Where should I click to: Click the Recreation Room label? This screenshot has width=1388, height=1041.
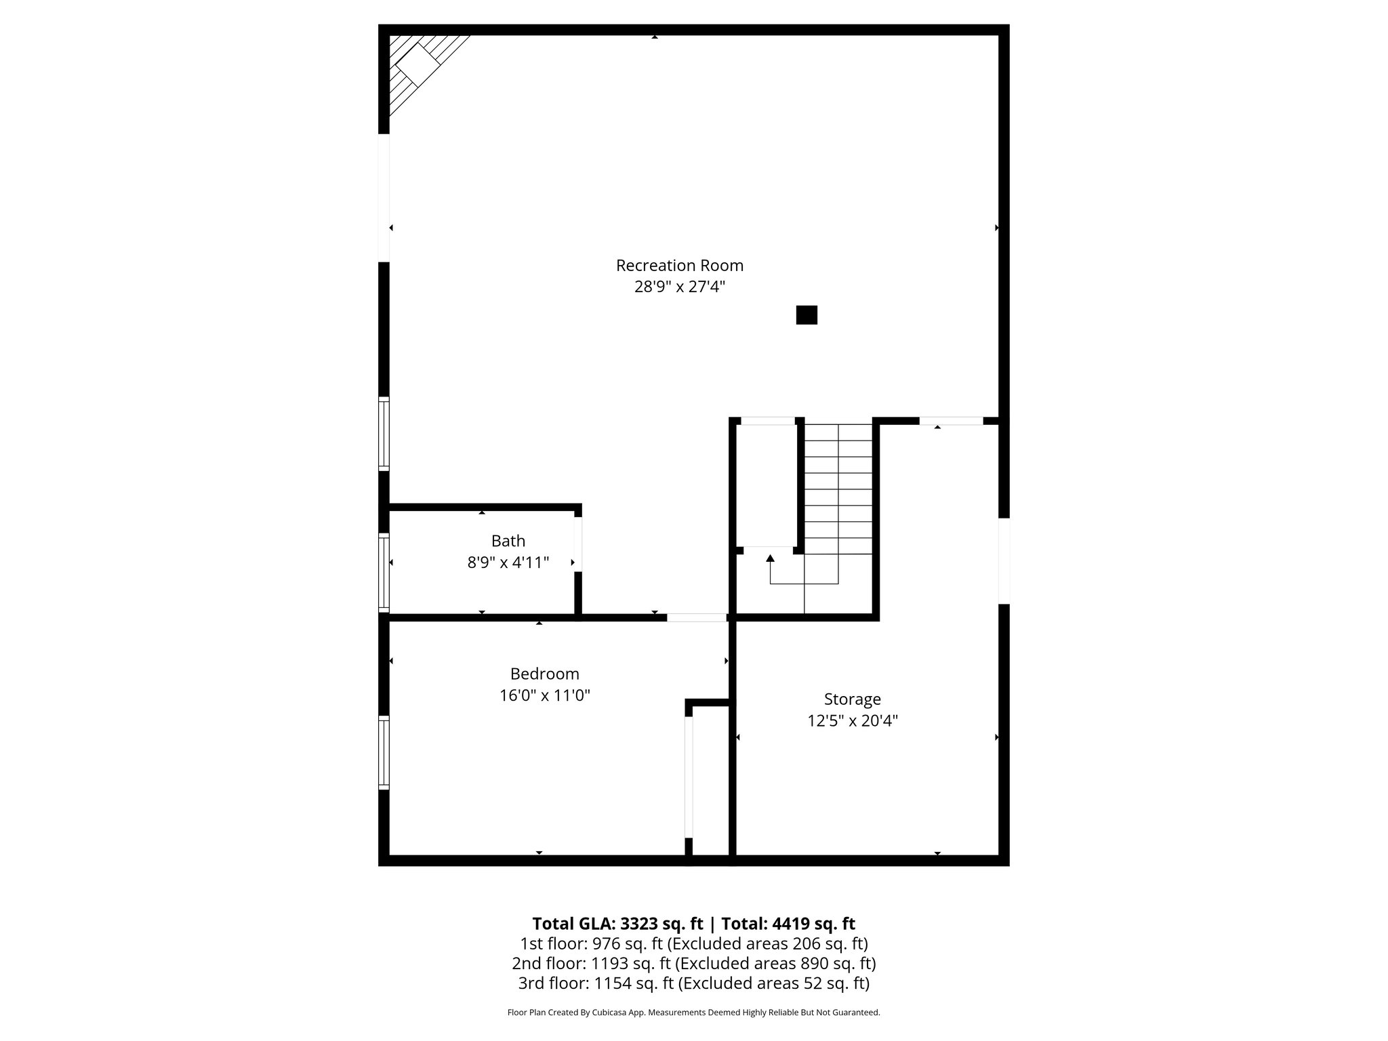(x=679, y=265)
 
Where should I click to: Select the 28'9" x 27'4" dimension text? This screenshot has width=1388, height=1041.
(x=679, y=287)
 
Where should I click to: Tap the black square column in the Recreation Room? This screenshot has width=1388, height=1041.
(x=806, y=315)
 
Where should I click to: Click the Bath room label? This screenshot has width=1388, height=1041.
(x=508, y=541)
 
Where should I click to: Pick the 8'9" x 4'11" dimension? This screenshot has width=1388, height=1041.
(x=508, y=563)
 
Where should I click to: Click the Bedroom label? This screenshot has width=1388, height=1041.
(x=544, y=674)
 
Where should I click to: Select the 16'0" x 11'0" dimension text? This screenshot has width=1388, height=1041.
(x=544, y=695)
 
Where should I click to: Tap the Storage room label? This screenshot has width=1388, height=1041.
(x=852, y=699)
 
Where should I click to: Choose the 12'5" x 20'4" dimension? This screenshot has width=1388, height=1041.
(x=852, y=720)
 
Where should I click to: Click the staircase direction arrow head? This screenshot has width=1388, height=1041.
(x=770, y=559)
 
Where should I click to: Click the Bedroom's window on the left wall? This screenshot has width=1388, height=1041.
(x=384, y=752)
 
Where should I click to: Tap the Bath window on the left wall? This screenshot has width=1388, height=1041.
(x=384, y=572)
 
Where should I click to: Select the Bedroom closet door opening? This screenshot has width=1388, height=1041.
(x=689, y=777)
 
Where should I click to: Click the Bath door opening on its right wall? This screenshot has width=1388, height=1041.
(x=578, y=544)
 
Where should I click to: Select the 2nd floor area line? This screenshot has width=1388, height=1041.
(x=693, y=963)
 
